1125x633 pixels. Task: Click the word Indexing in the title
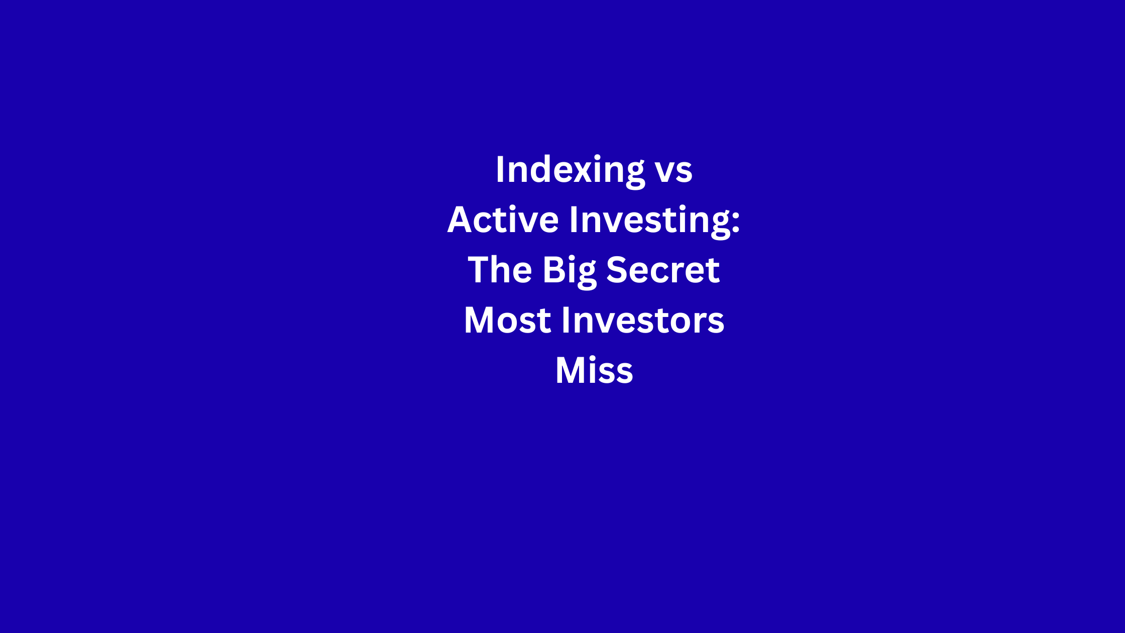570,171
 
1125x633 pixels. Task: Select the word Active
503,220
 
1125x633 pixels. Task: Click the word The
500,270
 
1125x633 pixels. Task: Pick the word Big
570,271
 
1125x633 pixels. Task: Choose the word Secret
663,270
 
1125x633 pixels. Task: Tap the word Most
508,320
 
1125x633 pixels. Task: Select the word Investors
643,320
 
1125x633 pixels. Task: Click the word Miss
594,370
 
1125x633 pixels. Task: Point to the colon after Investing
736,223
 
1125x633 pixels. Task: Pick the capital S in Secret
618,269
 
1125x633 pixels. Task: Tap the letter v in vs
665,172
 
